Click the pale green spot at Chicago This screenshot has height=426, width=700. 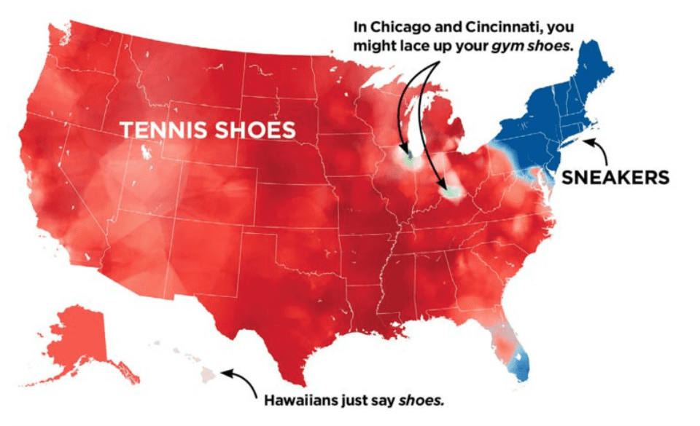point(408,158)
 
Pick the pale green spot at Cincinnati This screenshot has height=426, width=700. point(453,193)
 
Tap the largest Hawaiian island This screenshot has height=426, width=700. point(208,376)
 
